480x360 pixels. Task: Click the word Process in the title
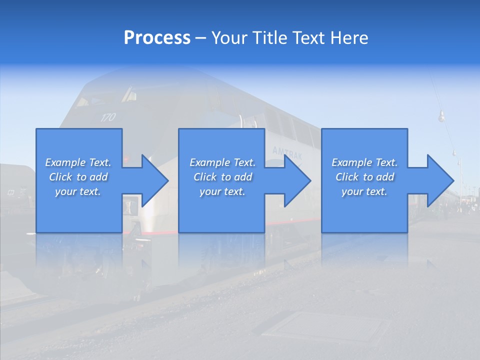157,38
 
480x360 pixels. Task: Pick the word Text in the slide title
309,38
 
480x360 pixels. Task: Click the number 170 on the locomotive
108,117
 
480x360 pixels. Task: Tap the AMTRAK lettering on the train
287,153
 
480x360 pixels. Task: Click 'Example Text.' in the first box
78,162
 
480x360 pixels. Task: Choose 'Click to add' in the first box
78,177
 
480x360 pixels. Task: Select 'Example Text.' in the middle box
222,162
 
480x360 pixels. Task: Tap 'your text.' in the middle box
222,191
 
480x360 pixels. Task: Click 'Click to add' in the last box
365,177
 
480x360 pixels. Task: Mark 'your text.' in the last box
365,191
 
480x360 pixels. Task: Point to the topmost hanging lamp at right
441,117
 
